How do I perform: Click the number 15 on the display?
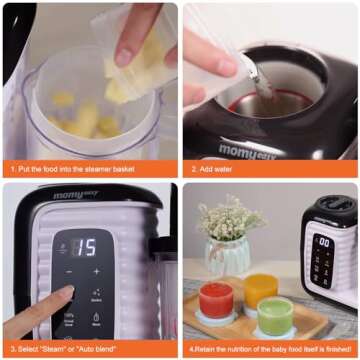click(88, 247)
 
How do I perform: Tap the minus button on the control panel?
click(69, 271)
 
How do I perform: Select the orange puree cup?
click(259, 289)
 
